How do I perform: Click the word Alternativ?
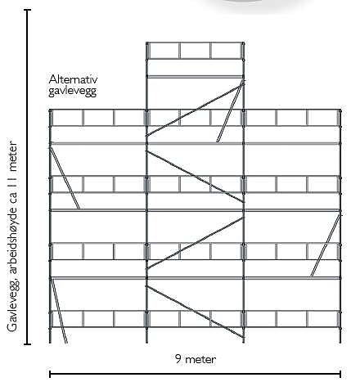point(73,79)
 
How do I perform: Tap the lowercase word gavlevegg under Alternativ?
point(73,91)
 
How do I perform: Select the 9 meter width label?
point(196,359)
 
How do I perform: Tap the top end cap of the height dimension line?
point(27,10)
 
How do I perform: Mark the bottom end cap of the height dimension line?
point(27,344)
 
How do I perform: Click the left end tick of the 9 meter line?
point(50,374)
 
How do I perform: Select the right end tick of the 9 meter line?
point(340,374)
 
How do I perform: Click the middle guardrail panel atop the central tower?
point(195,51)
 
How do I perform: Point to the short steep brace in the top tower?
point(230,111)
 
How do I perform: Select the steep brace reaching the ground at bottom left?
point(58,310)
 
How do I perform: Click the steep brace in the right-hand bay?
point(326,245)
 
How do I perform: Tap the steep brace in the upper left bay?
point(65,178)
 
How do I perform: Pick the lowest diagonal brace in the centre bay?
point(195,312)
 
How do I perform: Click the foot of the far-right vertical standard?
point(340,342)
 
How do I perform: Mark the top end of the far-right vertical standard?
point(340,110)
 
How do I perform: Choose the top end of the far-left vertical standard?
point(50,110)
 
